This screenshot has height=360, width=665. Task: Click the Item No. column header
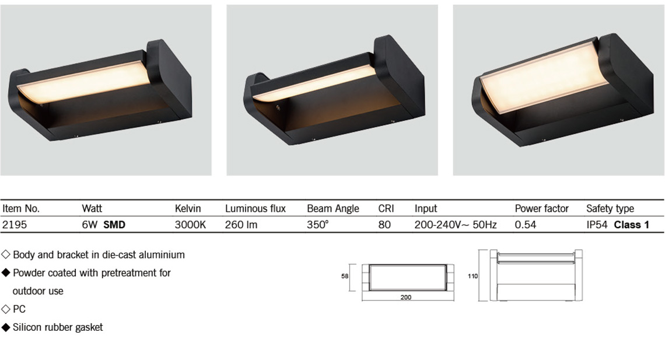click(x=21, y=208)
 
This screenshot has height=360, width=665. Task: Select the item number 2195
click(x=15, y=225)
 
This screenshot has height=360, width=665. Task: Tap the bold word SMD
click(x=114, y=225)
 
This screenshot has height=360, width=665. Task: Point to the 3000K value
click(x=190, y=225)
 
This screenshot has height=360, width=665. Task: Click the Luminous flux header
click(x=256, y=208)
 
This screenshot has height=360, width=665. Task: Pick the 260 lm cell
click(x=241, y=225)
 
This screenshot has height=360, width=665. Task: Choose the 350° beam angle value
click(x=318, y=225)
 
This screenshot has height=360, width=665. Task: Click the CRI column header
click(x=386, y=208)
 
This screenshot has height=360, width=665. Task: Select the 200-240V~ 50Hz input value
click(x=456, y=225)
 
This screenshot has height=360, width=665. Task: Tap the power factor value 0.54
click(x=526, y=225)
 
